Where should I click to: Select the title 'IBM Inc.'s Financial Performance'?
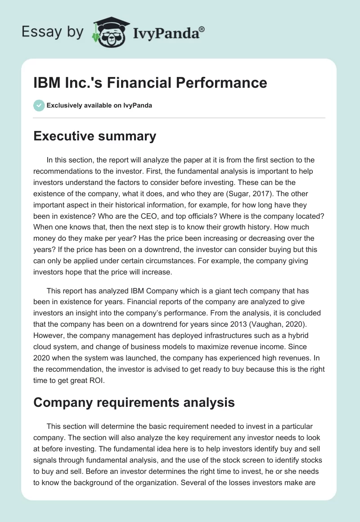tap(150, 83)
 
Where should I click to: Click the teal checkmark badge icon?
tap(38, 105)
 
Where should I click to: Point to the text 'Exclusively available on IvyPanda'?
tap(99, 105)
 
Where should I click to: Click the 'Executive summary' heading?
tap(94, 136)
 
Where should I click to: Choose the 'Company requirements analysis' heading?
tap(134, 402)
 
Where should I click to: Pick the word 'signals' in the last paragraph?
tap(47, 461)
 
